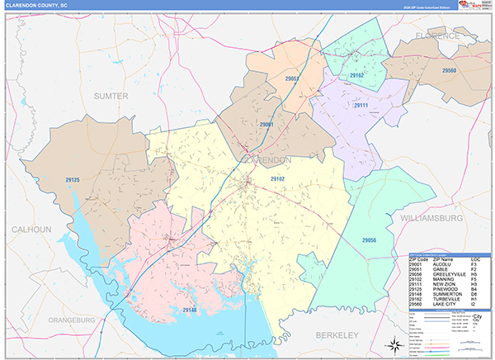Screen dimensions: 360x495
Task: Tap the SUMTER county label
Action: pyautogui.click(x=111, y=96)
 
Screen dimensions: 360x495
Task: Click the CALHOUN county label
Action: pyautogui.click(x=31, y=229)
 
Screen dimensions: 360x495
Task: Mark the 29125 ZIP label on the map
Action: pyautogui.click(x=73, y=180)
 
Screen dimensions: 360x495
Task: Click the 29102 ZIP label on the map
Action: pyautogui.click(x=277, y=178)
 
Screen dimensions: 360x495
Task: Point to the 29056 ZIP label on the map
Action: pyautogui.click(x=369, y=239)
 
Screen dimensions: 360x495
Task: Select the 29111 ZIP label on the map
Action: pyautogui.click(x=361, y=106)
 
